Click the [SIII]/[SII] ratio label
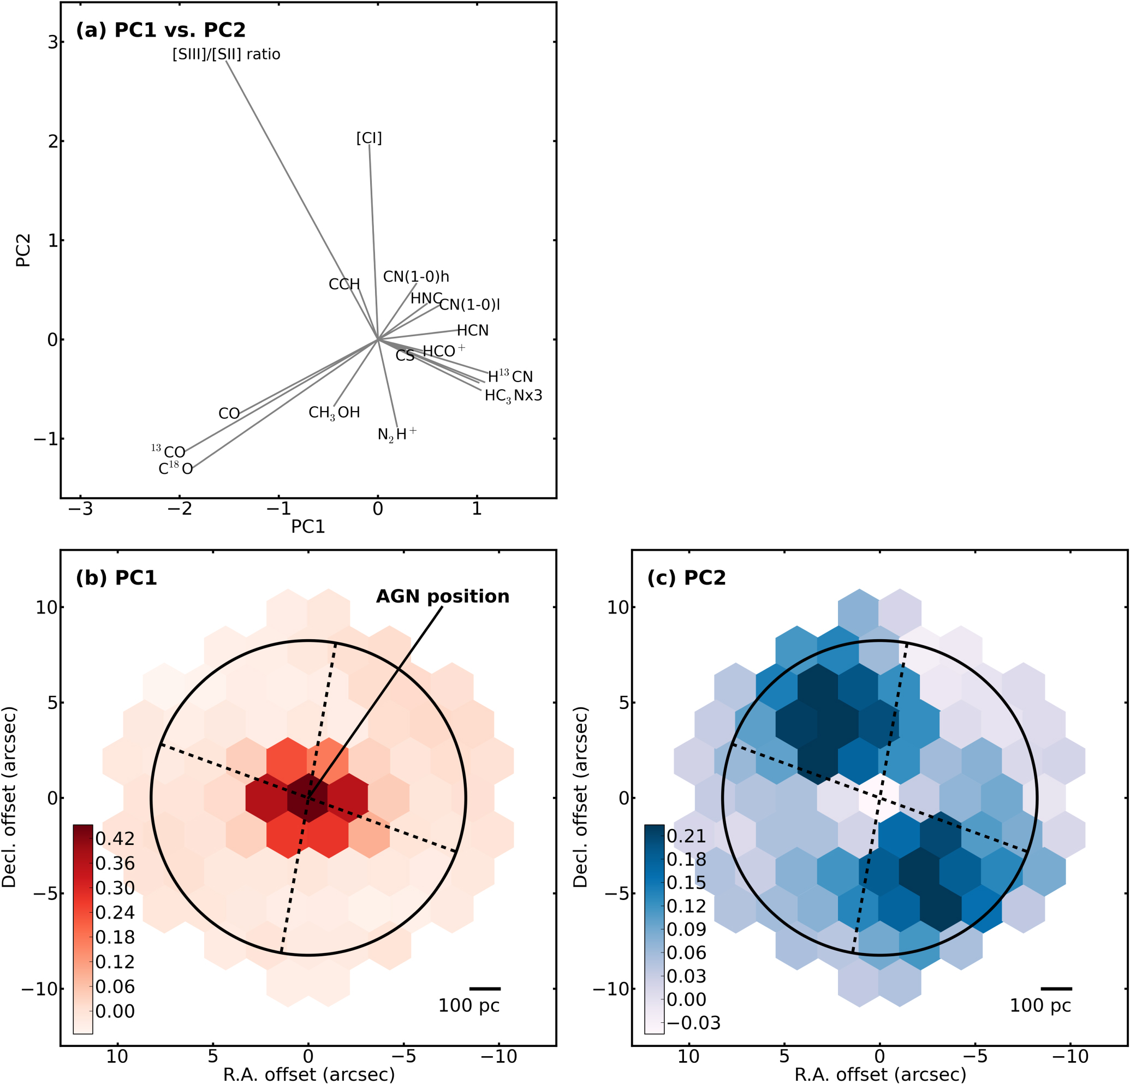point(226,54)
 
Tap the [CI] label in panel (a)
point(369,139)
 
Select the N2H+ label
point(397,433)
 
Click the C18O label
point(175,469)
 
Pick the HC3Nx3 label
point(513,396)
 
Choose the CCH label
point(344,284)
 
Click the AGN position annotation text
point(442,596)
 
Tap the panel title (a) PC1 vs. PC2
point(160,30)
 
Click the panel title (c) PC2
point(686,577)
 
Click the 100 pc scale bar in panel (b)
point(485,988)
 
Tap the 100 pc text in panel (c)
point(1040,1005)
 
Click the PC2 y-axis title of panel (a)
point(23,250)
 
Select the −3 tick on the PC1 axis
point(80,509)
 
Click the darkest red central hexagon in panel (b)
point(308,797)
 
